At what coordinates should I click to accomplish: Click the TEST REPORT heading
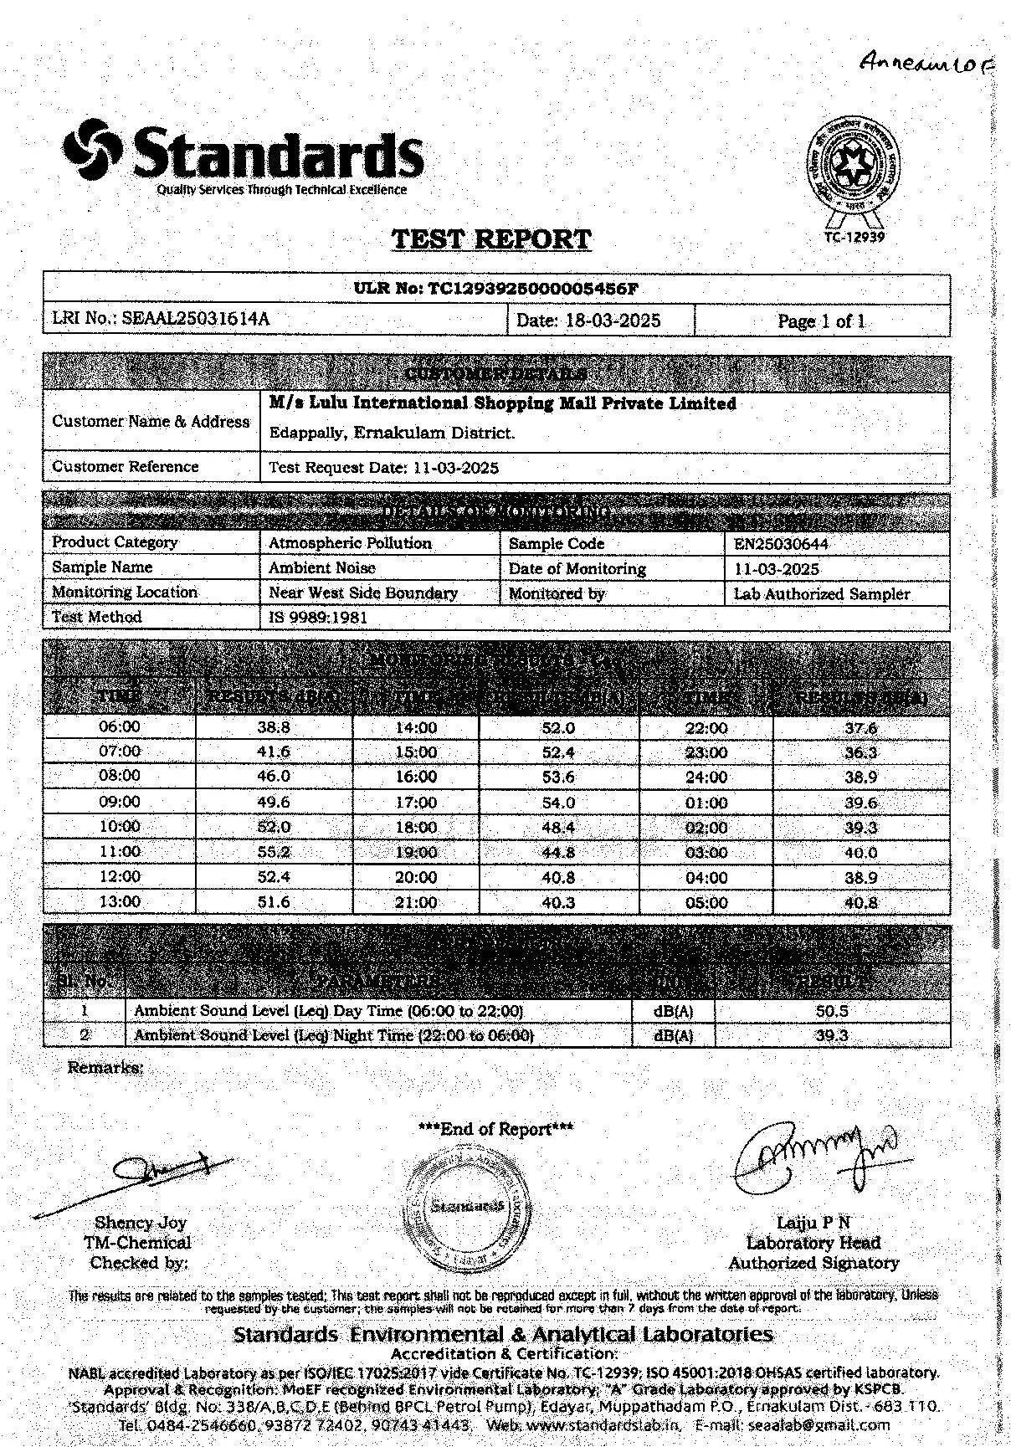coord(491,239)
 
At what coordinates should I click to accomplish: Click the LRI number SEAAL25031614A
coord(196,319)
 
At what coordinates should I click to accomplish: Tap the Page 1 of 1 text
coord(821,321)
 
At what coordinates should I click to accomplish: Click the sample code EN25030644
coord(780,544)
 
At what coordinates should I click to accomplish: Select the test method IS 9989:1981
coord(317,618)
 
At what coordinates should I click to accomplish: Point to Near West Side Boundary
coord(362,593)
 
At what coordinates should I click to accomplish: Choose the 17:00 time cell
coord(416,803)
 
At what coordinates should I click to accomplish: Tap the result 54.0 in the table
coord(558,803)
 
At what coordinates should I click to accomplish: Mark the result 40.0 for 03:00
coord(860,853)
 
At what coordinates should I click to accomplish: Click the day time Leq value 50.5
coord(831,1011)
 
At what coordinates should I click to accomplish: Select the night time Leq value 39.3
coord(831,1036)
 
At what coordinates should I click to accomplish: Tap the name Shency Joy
coord(140,1223)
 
